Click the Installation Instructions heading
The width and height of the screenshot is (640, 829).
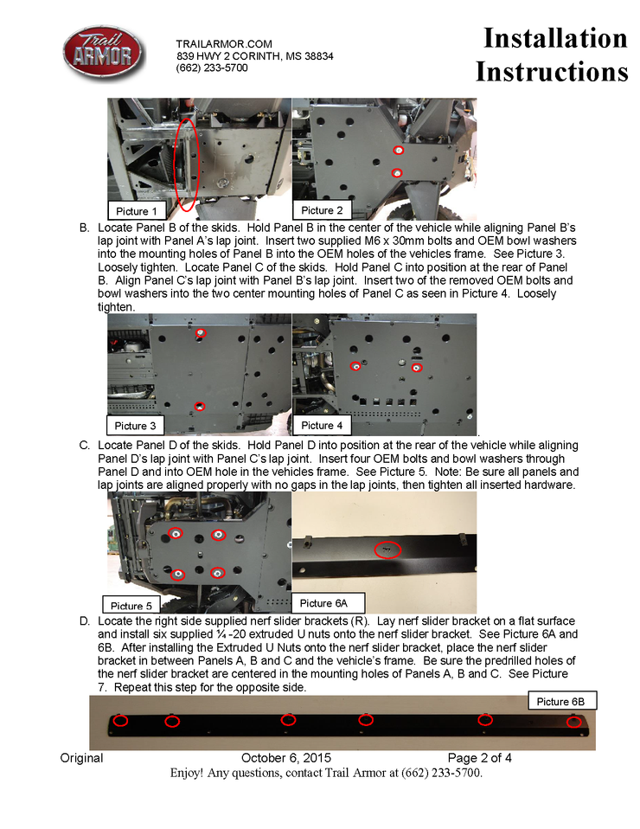pos(553,55)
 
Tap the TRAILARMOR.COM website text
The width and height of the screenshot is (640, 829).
pos(224,44)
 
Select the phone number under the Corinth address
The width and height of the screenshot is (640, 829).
pos(212,67)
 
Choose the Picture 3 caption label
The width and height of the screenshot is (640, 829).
pos(136,426)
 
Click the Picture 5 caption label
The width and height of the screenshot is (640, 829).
pos(131,606)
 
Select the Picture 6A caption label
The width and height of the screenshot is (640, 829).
pos(323,602)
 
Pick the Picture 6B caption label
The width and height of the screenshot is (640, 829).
pos(560,701)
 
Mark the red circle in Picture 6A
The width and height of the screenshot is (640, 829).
pos(388,549)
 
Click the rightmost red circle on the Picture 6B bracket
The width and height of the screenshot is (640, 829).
pos(573,722)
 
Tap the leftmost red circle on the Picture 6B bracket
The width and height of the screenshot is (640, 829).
pos(121,720)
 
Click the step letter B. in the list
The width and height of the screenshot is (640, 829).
pos(84,228)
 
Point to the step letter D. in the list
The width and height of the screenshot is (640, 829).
pos(84,621)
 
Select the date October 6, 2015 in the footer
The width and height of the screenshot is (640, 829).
pos(286,758)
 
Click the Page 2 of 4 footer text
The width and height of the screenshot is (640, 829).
pos(480,758)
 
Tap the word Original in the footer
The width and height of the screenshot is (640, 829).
pos(81,758)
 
